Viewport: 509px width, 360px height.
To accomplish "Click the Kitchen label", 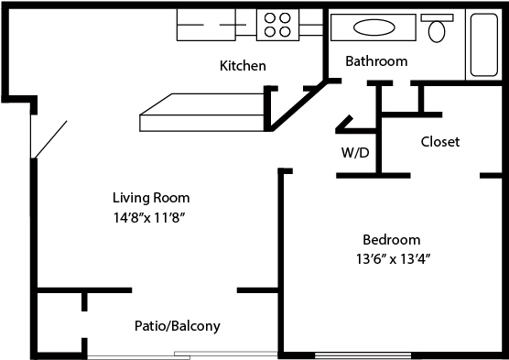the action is point(243,66).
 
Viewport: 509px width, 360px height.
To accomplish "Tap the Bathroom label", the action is point(376,61).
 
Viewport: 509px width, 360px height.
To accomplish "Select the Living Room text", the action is point(151,198).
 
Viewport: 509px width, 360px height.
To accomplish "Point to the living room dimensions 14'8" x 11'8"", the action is point(149,218).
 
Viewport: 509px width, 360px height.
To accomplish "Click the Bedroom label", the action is point(392,240).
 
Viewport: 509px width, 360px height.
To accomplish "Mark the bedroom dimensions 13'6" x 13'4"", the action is point(393,259).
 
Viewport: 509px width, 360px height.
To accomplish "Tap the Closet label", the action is point(440,142).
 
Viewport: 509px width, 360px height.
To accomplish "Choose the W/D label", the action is point(355,152).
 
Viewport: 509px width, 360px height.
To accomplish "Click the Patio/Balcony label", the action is point(178,326).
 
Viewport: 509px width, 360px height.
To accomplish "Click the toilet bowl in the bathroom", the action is point(437,31).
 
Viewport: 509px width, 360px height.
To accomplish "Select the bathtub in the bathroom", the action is point(483,45).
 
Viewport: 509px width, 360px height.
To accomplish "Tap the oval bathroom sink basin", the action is point(374,27).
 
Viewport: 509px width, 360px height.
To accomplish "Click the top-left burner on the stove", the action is point(270,18).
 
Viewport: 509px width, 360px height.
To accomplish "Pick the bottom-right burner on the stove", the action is point(285,32).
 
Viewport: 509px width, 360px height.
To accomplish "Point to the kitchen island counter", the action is point(201,113).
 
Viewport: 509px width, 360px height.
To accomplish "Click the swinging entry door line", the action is point(50,140).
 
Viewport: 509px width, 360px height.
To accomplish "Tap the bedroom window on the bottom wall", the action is point(363,355).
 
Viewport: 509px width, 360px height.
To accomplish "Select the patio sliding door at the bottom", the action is point(182,355).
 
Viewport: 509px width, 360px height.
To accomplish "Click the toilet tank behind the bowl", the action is point(437,17).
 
